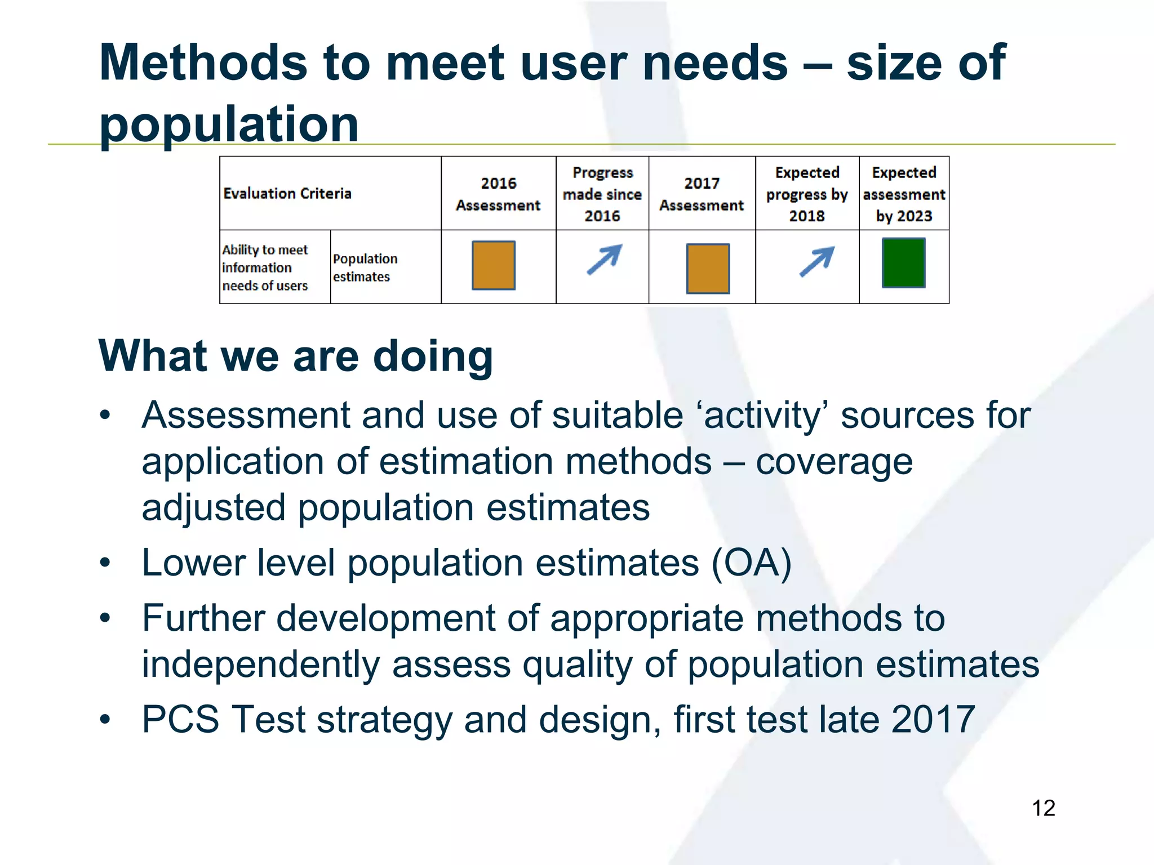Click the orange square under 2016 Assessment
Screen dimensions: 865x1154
493,265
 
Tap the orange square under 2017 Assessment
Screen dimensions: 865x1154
708,269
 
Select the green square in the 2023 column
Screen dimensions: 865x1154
903,263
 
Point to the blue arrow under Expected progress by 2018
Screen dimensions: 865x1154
816,261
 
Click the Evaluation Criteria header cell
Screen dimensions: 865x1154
287,194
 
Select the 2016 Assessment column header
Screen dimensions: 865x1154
498,194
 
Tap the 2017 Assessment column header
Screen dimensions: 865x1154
702,194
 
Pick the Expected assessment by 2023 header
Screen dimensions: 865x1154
904,194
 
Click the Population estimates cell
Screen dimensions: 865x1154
365,267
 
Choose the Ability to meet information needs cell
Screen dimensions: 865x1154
265,267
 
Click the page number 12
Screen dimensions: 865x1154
1043,808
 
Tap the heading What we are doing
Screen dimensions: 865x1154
296,356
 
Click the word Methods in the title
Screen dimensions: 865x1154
203,63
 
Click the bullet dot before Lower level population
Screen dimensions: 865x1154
105,563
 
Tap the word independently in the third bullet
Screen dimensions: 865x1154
260,665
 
